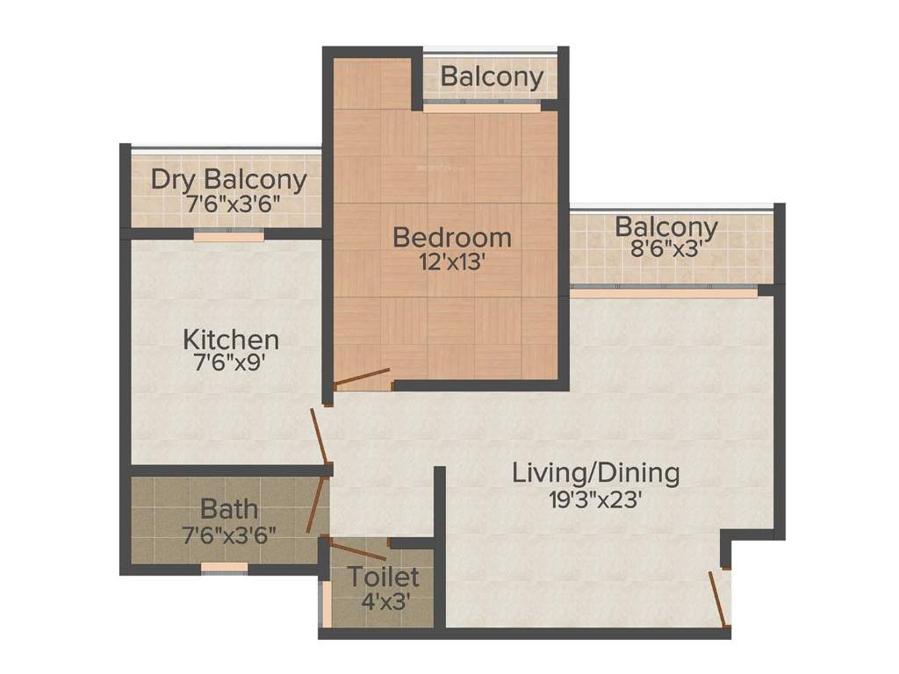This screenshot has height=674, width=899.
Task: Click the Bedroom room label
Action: pyautogui.click(x=451, y=237)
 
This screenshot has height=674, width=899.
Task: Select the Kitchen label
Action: pyautogui.click(x=231, y=340)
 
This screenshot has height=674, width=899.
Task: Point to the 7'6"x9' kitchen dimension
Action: pyautogui.click(x=231, y=362)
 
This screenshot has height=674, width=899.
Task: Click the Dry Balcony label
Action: pyautogui.click(x=229, y=180)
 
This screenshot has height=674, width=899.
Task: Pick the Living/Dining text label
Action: pyautogui.click(x=596, y=473)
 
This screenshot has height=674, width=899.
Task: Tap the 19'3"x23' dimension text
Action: pyautogui.click(x=596, y=499)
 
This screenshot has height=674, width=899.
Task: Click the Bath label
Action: pyautogui.click(x=229, y=508)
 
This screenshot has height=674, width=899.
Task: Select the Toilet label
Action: pyautogui.click(x=383, y=578)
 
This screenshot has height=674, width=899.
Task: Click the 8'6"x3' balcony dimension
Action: pyautogui.click(x=666, y=250)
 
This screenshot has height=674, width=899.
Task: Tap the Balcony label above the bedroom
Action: pyautogui.click(x=492, y=77)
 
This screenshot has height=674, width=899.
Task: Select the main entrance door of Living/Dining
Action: pyautogui.click(x=718, y=599)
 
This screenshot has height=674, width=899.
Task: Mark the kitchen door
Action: pyautogui.click(x=320, y=437)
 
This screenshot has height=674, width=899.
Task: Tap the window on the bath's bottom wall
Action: pyautogui.click(x=224, y=568)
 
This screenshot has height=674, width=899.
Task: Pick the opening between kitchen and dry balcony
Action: pyautogui.click(x=228, y=235)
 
